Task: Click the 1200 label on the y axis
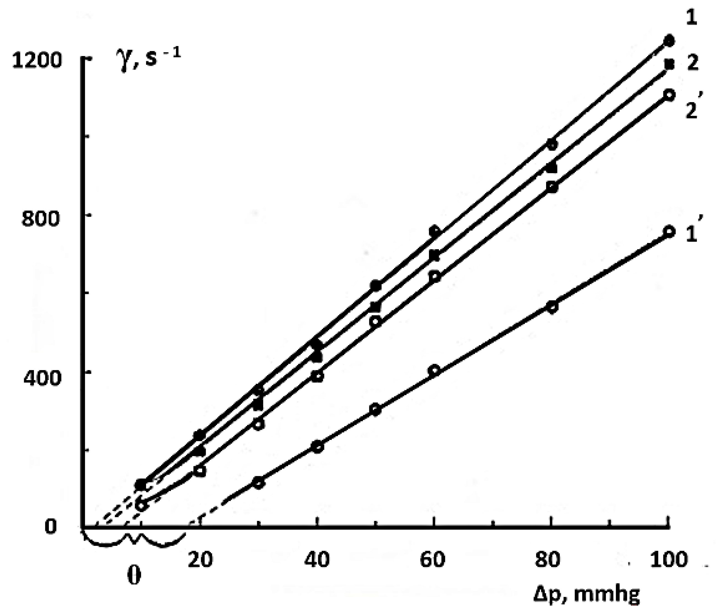[37, 61]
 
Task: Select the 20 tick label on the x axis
[201, 560]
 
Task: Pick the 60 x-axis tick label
[433, 560]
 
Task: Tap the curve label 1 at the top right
[691, 18]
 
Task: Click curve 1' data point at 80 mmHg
[552, 307]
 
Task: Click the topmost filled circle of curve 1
[669, 41]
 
